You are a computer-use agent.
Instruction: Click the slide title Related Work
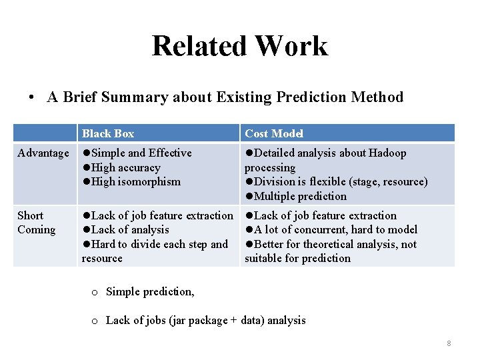239,46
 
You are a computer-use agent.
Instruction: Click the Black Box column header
108,133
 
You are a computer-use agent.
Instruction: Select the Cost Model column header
274,133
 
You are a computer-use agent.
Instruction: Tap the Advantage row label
43,153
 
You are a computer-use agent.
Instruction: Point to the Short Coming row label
36,223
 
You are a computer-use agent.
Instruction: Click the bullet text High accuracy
125,167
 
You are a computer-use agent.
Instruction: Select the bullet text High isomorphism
135,181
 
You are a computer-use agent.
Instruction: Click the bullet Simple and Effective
141,153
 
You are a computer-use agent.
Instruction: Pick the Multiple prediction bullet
300,196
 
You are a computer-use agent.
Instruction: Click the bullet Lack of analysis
130,230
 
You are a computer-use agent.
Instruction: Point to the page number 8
449,343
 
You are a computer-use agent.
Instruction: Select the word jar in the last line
178,320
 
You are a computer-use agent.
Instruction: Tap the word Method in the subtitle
378,97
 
